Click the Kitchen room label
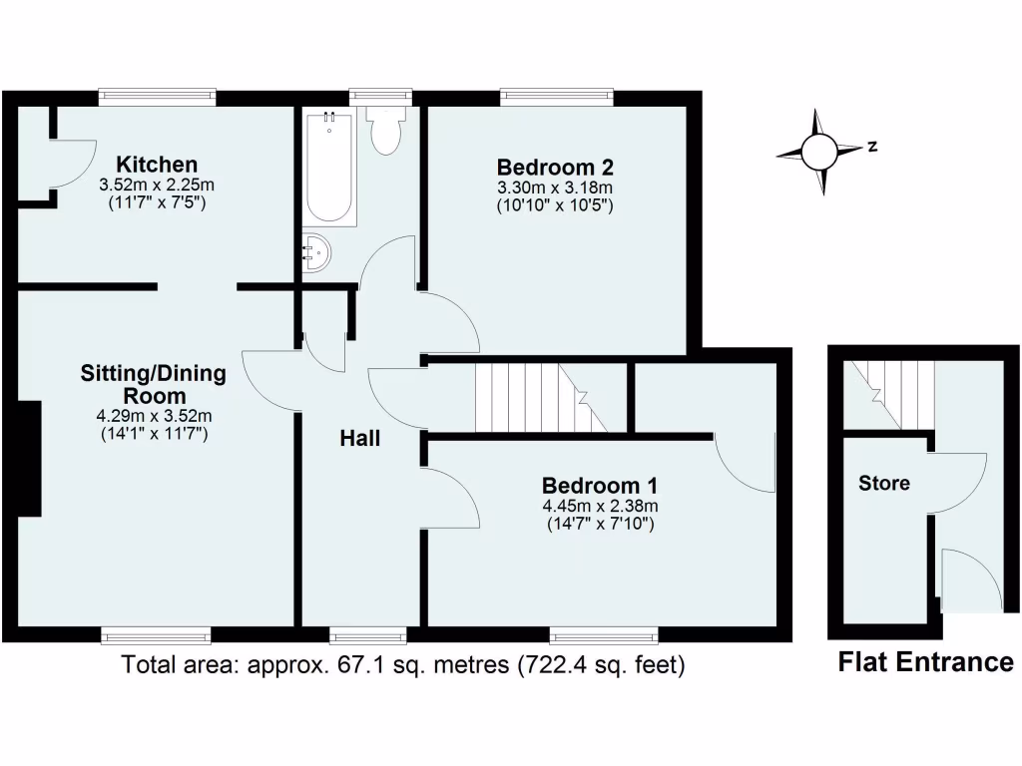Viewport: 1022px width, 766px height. click(157, 165)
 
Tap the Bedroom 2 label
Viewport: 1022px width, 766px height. click(554, 167)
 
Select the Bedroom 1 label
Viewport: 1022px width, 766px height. click(599, 486)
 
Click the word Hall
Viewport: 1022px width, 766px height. click(359, 438)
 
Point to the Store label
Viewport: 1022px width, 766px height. click(884, 484)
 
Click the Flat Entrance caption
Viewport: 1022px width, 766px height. click(924, 661)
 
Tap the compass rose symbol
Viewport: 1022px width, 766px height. click(818, 152)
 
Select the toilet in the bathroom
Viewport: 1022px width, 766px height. click(383, 130)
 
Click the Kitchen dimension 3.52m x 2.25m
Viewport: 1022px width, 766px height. click(157, 185)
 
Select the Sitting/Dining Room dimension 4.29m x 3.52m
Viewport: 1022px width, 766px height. click(153, 416)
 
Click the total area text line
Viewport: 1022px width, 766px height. click(402, 664)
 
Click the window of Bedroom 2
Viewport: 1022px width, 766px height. click(556, 97)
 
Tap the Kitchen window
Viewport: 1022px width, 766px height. click(157, 97)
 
